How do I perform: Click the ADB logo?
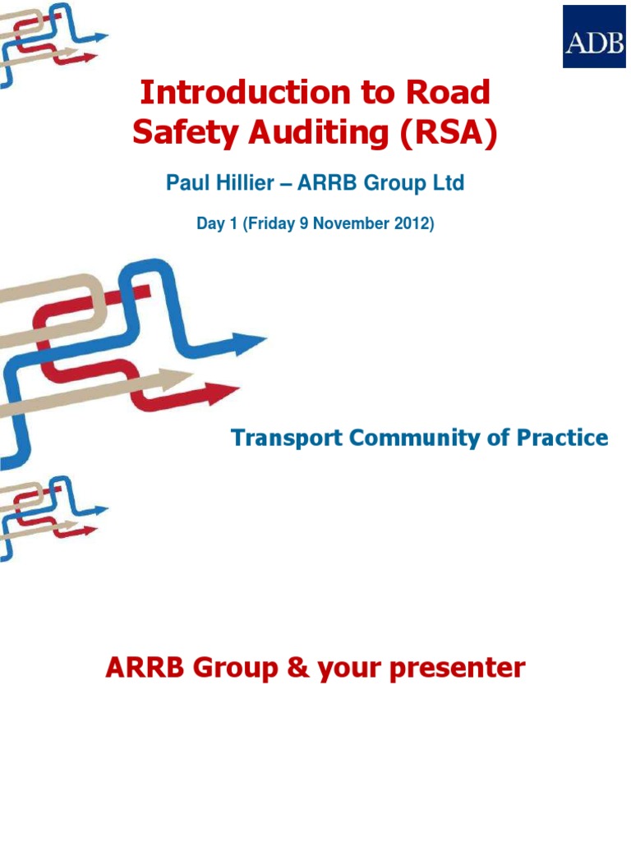(593, 36)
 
